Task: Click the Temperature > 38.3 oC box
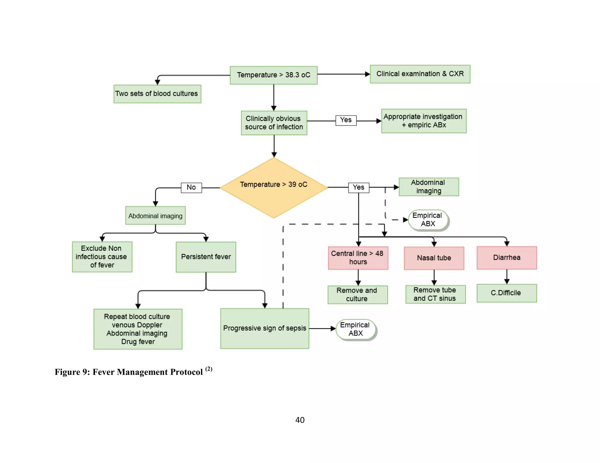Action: tap(273, 75)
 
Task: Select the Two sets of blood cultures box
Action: tap(157, 94)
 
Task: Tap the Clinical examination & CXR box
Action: tap(420, 74)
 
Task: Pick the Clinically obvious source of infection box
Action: tap(274, 123)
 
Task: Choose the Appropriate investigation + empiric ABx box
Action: tap(424, 121)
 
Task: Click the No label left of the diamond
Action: tap(191, 187)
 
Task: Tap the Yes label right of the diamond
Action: tap(359, 187)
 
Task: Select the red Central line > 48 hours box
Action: tap(358, 258)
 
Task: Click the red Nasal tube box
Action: tap(434, 258)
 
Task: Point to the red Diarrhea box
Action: tap(507, 258)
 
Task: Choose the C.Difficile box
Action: tap(507, 293)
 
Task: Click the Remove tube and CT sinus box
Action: tap(435, 294)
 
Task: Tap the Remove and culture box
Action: tap(357, 295)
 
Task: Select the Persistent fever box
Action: tap(206, 257)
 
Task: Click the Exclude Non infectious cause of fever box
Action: tap(102, 257)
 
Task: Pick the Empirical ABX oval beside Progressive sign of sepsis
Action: tap(356, 329)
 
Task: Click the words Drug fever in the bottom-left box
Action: tap(138, 342)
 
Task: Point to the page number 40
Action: tap(300, 420)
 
